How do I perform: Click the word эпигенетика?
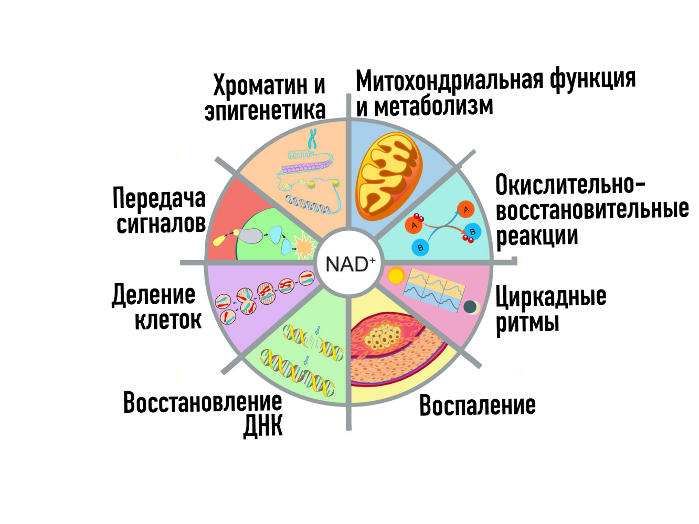click(265, 111)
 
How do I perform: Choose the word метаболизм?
click(433, 106)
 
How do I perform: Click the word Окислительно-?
click(570, 185)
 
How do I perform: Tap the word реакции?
click(537, 236)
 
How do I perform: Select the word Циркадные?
click(551, 297)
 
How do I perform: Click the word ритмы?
click(527, 322)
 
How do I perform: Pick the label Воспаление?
click(478, 405)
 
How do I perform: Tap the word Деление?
click(154, 295)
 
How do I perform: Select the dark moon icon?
click(470, 307)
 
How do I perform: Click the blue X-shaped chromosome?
click(313, 138)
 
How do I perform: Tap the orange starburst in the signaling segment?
click(304, 246)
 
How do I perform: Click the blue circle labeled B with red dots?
click(472, 231)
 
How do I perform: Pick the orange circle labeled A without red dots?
click(465, 209)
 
